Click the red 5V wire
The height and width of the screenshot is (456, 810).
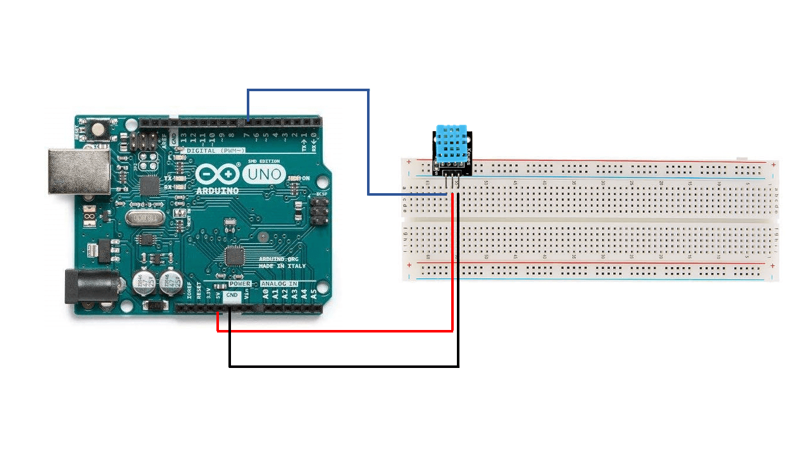[x=335, y=330]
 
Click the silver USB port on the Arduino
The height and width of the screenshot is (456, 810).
[x=80, y=171]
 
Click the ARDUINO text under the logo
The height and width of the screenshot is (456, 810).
[x=217, y=191]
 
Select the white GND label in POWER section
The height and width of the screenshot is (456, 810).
[x=232, y=295]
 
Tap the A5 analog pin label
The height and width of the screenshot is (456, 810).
[x=313, y=294]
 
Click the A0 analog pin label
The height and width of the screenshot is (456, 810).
[x=266, y=294]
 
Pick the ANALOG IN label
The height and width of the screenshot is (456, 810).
[x=279, y=284]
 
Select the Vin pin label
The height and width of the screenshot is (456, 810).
[x=246, y=295]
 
